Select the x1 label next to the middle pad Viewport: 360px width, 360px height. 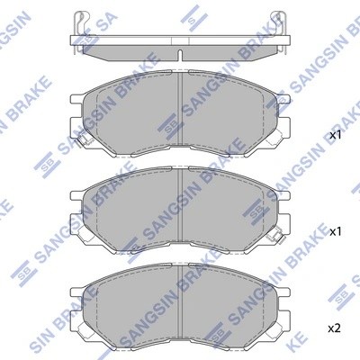335,231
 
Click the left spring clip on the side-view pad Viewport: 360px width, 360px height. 82,21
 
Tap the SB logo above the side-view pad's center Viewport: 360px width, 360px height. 190,14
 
